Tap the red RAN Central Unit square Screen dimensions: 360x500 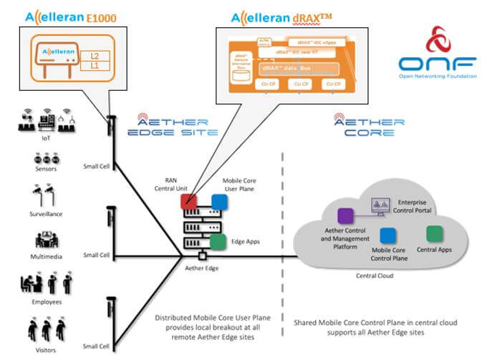pos(189,201)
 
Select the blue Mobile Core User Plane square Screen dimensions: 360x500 pos(218,201)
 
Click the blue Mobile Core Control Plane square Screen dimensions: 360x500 pos(389,235)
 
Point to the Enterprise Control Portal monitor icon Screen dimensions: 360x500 pos(378,206)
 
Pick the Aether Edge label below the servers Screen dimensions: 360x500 pos(202,266)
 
